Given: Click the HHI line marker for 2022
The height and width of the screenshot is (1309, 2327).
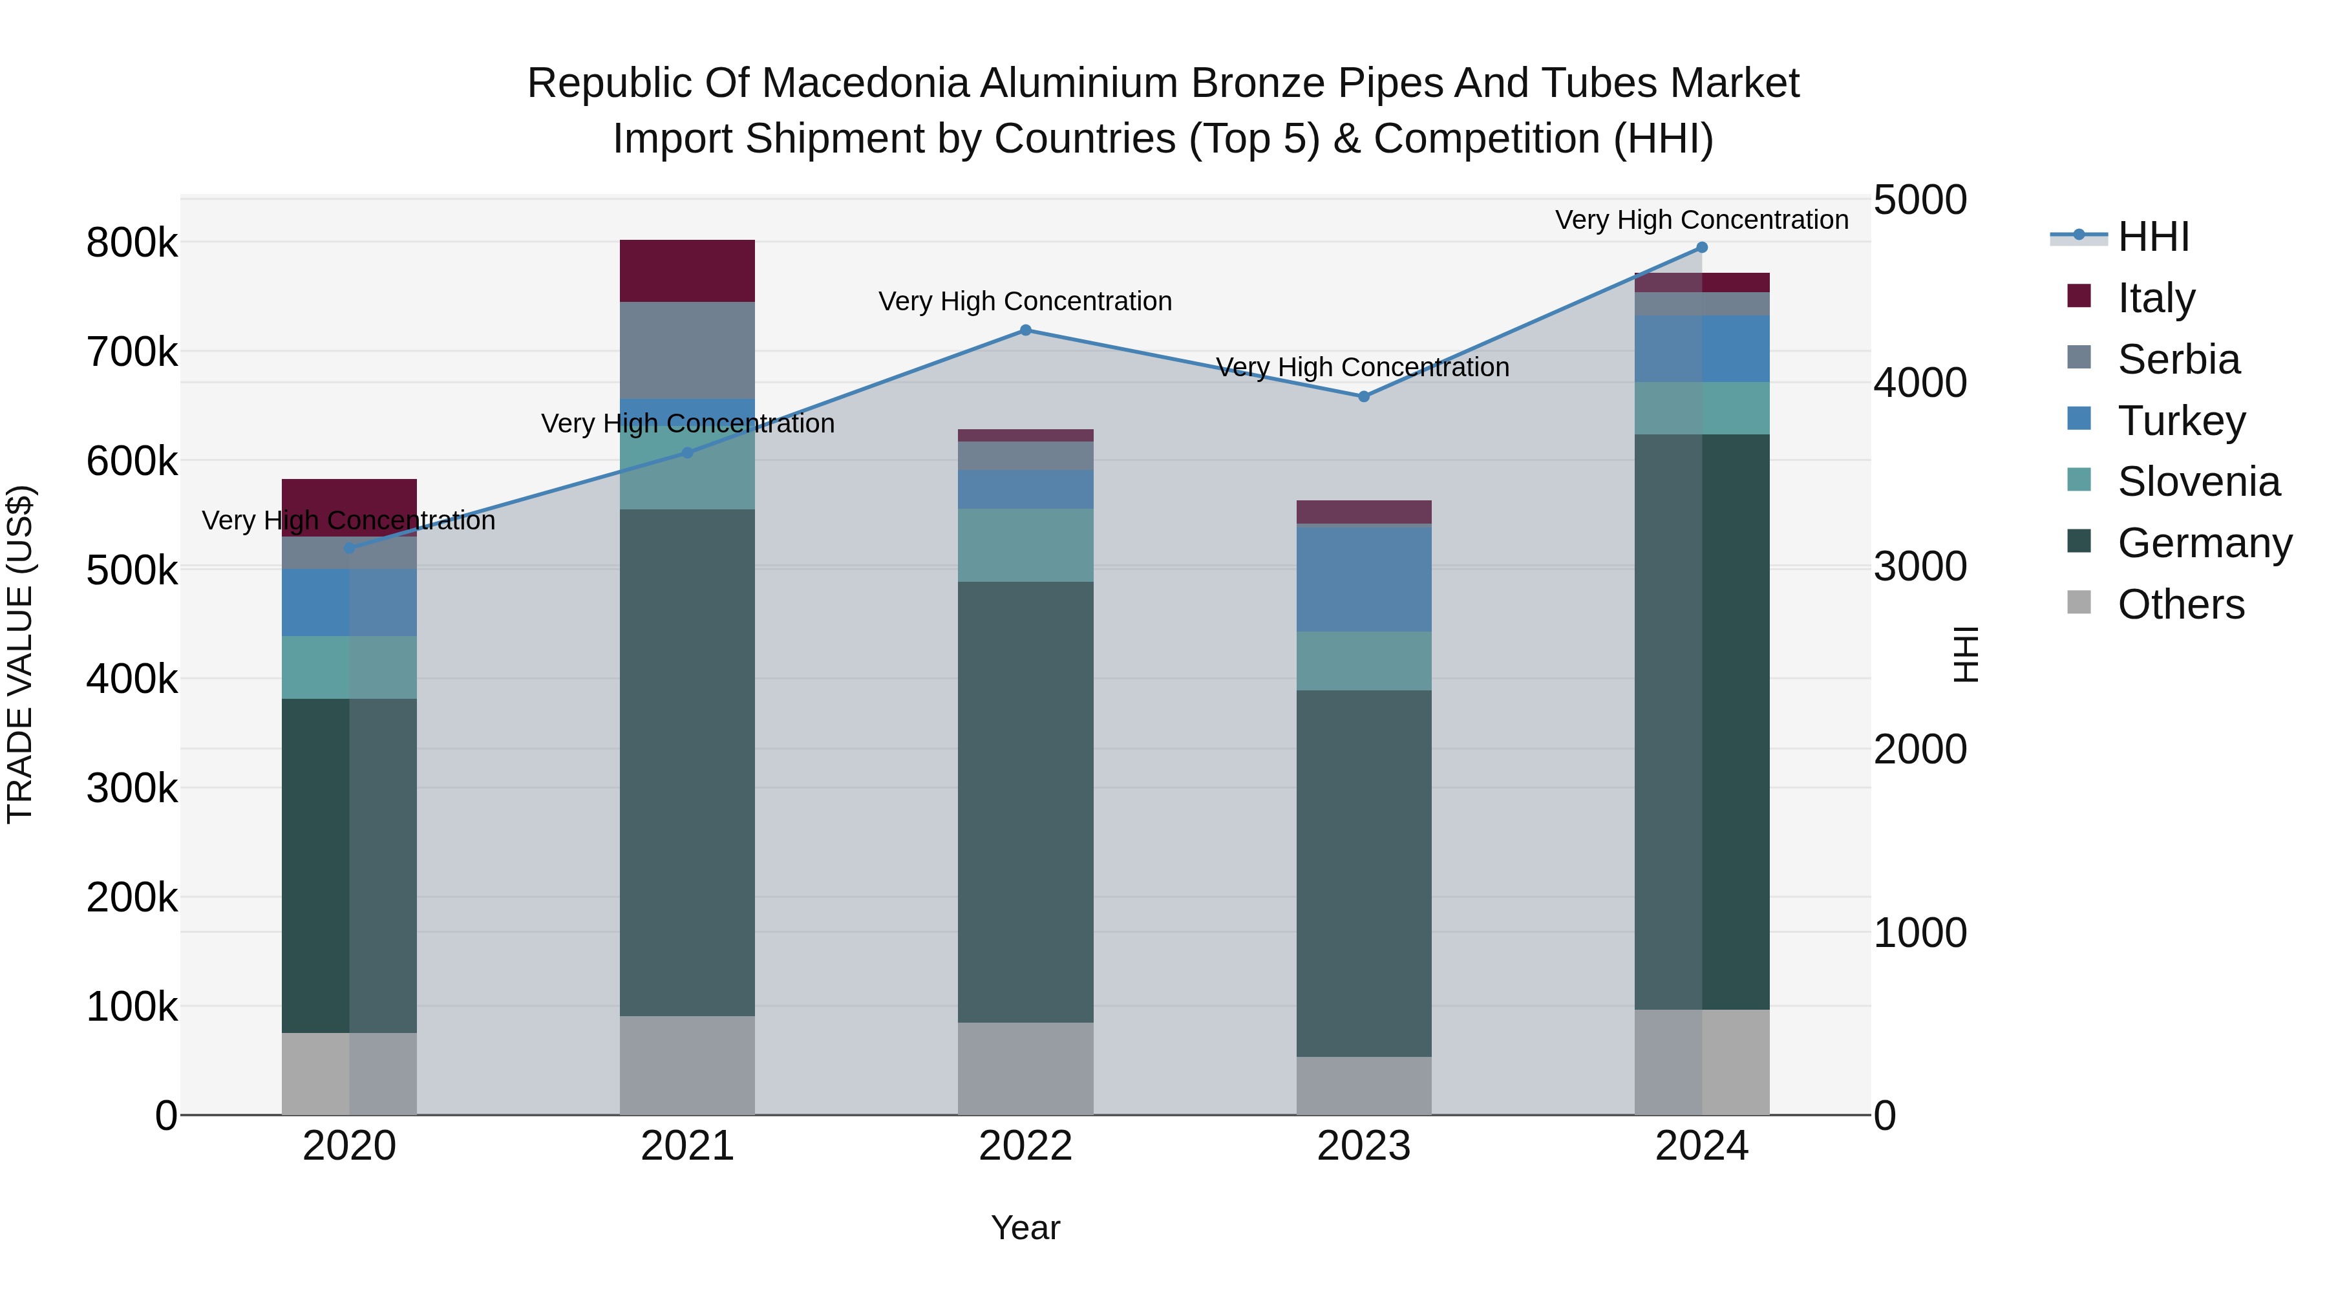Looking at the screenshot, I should point(1025,330).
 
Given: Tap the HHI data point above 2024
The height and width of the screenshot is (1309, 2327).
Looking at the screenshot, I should point(1702,248).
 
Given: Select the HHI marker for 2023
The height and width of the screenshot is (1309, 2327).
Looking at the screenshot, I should point(1364,397).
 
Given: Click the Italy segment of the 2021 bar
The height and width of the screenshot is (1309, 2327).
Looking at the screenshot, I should point(688,271).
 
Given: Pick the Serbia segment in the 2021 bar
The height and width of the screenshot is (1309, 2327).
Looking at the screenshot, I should point(688,350).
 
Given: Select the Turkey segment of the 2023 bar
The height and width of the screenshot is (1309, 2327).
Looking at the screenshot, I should point(1364,578).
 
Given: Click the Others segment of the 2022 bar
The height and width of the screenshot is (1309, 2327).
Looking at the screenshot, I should point(1025,1069).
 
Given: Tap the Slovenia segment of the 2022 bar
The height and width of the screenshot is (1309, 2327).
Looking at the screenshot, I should point(1025,545).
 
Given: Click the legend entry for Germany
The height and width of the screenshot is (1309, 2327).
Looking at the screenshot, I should point(2204,543).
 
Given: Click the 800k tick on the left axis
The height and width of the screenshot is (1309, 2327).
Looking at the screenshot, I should point(132,243).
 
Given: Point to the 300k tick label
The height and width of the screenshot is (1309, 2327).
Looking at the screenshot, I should point(132,789).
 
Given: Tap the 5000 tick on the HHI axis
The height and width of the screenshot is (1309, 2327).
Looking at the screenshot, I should point(1920,200).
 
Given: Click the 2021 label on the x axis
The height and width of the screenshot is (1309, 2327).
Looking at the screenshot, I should point(688,1146).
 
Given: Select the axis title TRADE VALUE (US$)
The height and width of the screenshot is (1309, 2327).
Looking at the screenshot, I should point(20,654).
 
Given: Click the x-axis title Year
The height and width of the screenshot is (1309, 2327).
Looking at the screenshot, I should point(1025,1228).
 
